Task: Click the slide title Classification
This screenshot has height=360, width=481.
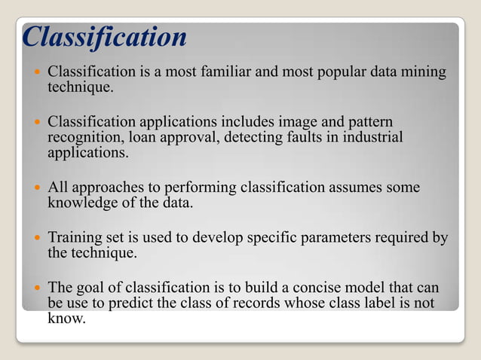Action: tap(105, 37)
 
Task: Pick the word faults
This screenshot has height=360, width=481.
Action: tap(290, 138)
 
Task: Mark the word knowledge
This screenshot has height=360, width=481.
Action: tap(81, 202)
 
